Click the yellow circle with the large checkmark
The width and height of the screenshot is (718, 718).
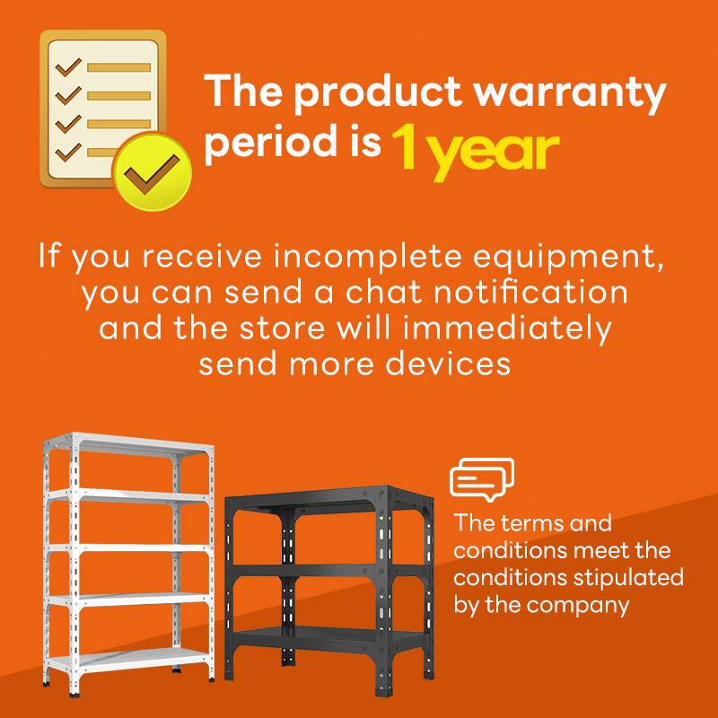tap(152, 171)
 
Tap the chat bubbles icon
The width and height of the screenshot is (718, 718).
tap(482, 479)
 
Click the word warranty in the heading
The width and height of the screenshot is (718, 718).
tap(569, 92)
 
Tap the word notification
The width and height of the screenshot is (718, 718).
tap(530, 293)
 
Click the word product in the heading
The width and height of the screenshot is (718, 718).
tap(377, 92)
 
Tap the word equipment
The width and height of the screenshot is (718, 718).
tap(568, 258)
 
